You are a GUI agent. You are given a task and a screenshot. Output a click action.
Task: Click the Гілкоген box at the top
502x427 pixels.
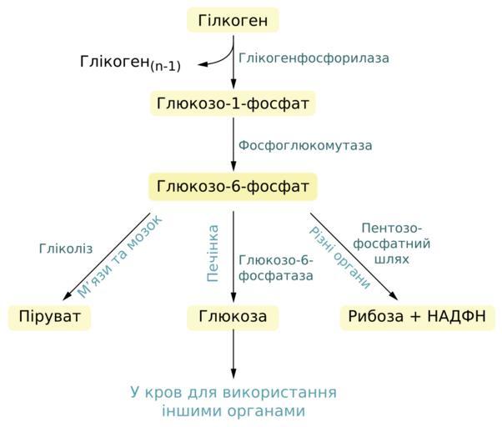pyautogui.click(x=233, y=20)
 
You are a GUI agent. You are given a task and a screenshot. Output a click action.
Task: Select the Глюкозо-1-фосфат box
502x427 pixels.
pyautogui.click(x=233, y=103)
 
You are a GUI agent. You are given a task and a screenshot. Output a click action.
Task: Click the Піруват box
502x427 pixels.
pyautogui.click(x=49, y=318)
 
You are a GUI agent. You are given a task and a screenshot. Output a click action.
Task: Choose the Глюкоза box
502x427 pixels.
pyautogui.click(x=233, y=318)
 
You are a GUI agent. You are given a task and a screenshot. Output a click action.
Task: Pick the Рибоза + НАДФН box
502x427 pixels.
pyautogui.click(x=417, y=318)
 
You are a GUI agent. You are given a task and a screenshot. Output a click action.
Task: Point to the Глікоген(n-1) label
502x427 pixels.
pyautogui.click(x=130, y=63)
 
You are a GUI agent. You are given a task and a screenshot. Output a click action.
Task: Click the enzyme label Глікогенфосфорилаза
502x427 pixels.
pyautogui.click(x=314, y=58)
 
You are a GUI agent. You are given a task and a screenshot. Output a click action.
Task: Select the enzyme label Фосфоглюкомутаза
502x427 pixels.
pyautogui.click(x=305, y=145)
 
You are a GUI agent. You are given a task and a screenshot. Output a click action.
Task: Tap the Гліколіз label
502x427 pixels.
pyautogui.click(x=66, y=249)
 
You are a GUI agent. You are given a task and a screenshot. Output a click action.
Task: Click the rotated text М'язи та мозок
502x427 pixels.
pyautogui.click(x=119, y=256)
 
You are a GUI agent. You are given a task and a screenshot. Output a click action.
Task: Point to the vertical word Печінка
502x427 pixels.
pyautogui.click(x=213, y=252)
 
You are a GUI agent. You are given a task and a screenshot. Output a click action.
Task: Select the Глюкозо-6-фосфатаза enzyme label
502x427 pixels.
pyautogui.click(x=276, y=268)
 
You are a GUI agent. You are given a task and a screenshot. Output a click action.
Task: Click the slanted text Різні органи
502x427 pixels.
pyautogui.click(x=339, y=257)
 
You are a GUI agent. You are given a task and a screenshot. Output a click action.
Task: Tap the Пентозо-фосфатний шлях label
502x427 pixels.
pyautogui.click(x=392, y=244)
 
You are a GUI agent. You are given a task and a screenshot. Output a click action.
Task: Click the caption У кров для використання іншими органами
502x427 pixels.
pyautogui.click(x=233, y=401)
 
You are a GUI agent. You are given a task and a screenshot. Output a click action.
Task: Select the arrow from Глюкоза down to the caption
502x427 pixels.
pyautogui.click(x=233, y=354)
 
